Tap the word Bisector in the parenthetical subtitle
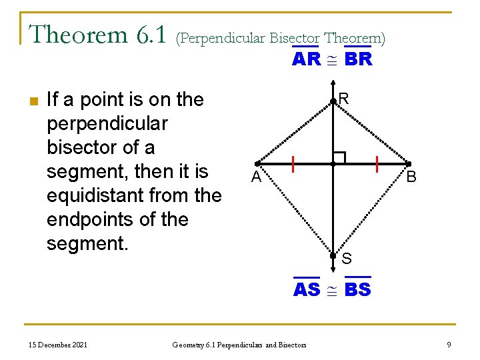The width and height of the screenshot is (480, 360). pos(295,38)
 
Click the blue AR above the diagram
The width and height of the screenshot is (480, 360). pos(307,59)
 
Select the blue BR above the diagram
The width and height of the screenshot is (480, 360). pos(359,59)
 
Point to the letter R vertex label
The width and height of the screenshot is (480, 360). pos(343,99)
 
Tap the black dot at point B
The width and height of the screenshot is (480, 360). pos(409,164)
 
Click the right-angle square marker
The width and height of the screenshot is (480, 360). pos(339,158)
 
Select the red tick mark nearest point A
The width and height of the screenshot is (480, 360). pos(293,164)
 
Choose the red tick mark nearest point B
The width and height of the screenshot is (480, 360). pos(377,164)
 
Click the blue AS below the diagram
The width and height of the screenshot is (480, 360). pos(307,290)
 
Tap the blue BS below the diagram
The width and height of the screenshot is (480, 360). pos(359,290)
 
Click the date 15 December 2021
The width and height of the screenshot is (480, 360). pos(58,344)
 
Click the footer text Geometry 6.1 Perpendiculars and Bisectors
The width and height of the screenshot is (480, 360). pos(239,345)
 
